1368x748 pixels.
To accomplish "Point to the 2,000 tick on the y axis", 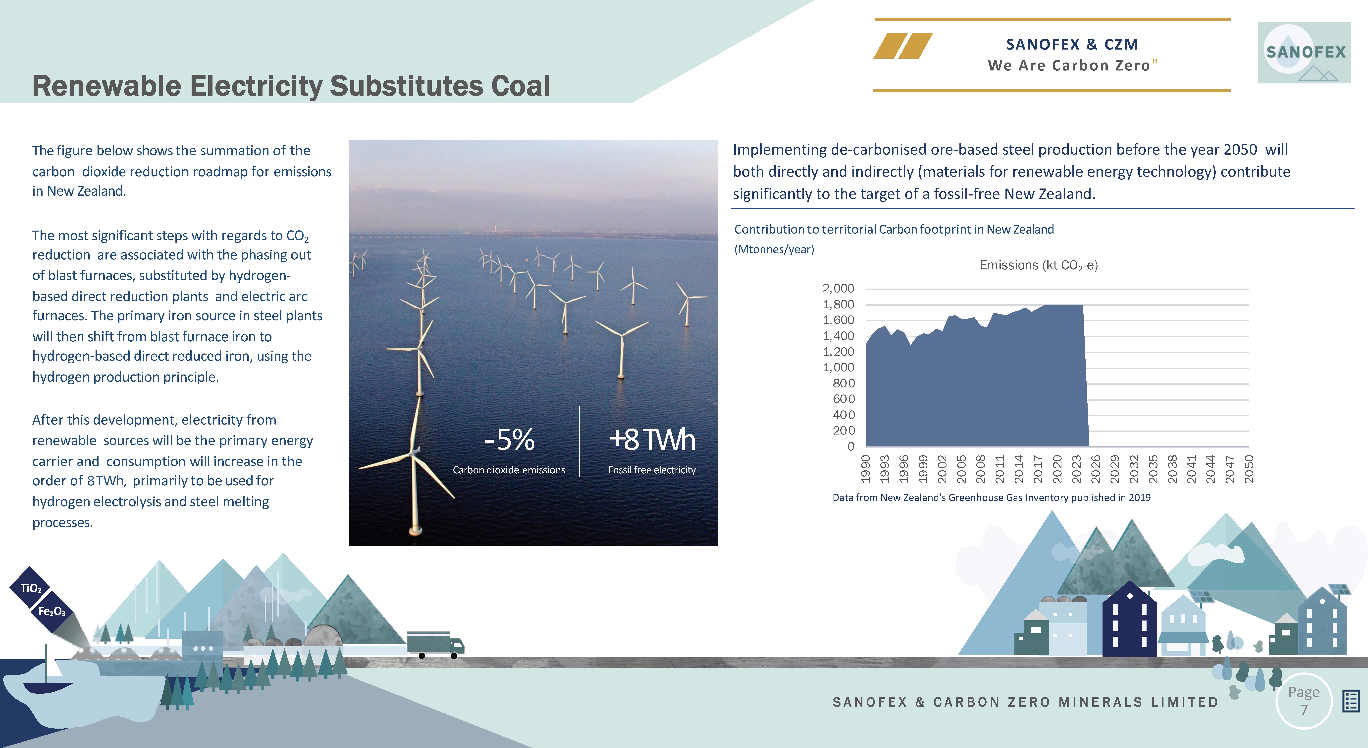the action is click(x=839, y=288).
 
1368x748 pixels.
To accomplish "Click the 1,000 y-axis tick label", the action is click(x=839, y=367).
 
